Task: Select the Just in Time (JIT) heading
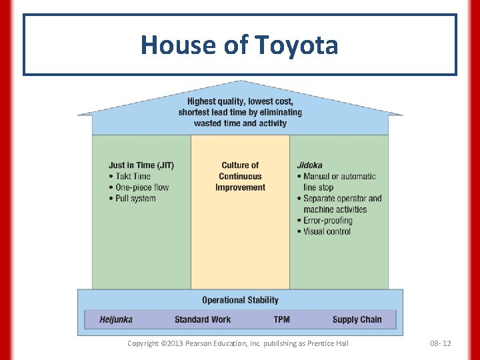pos(141,165)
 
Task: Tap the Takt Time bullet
pos(133,177)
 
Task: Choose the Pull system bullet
pos(135,199)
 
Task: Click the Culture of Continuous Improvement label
pos(240,177)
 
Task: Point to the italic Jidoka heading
pos(309,165)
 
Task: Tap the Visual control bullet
pos(327,231)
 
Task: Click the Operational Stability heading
pos(240,301)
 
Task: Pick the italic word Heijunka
pos(116,320)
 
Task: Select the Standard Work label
pos(203,320)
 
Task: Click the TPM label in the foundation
pos(281,320)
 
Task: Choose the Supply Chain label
pos(357,320)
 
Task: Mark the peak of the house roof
pos(241,82)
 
